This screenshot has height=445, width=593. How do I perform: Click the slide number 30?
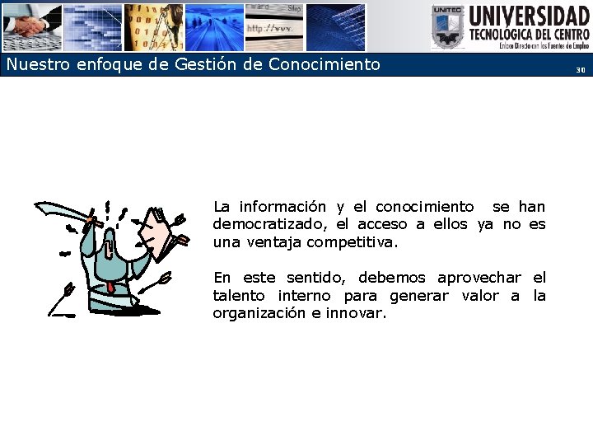(x=580, y=70)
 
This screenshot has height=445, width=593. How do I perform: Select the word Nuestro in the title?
(x=35, y=64)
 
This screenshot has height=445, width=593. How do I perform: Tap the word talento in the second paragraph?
(x=239, y=295)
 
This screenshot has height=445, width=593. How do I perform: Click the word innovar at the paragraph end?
(x=356, y=313)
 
